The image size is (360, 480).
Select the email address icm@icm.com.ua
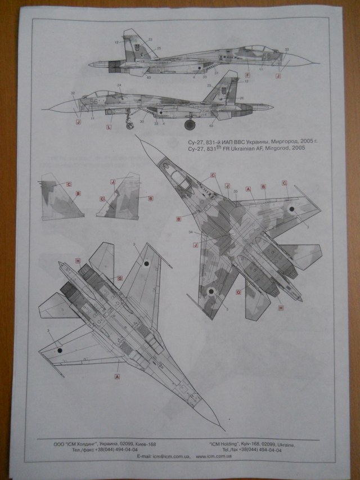(169, 456)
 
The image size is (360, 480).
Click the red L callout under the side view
(109, 127)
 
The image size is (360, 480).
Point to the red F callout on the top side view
(248, 75)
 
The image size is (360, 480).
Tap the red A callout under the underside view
(117, 375)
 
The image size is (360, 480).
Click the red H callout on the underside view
(78, 261)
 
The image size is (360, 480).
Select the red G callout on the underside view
(120, 278)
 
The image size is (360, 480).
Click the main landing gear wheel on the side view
(189, 124)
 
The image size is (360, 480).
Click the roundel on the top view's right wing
(292, 209)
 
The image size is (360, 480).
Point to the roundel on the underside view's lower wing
(59, 349)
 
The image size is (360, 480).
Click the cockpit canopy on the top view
(179, 181)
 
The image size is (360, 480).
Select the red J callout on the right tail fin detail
(112, 181)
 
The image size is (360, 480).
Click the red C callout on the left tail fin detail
(69, 183)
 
